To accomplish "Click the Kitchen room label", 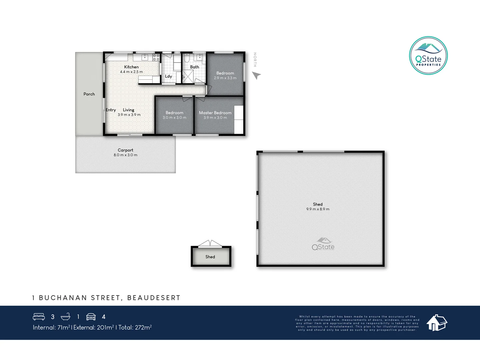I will point(131,67).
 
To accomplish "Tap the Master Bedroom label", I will point(215,113).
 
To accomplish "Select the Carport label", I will point(125,150).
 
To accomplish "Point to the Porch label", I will point(89,94).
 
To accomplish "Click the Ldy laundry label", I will point(168,76).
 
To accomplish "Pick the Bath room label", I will point(194,67).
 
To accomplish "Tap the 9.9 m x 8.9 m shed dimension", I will point(318,209).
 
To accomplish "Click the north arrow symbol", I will point(256,76).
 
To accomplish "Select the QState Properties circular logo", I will point(428,56).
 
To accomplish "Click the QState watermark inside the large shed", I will point(323,244).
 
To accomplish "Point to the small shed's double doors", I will point(210,243).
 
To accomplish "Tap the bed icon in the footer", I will point(39,317).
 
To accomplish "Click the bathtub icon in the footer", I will point(65,317).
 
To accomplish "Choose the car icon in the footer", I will point(91,317).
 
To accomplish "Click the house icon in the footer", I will point(437,323).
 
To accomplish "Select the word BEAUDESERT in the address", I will point(154,298).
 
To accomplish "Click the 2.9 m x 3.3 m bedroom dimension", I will point(225,78).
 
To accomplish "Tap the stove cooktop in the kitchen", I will point(156,57).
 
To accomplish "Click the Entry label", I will point(111,110).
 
